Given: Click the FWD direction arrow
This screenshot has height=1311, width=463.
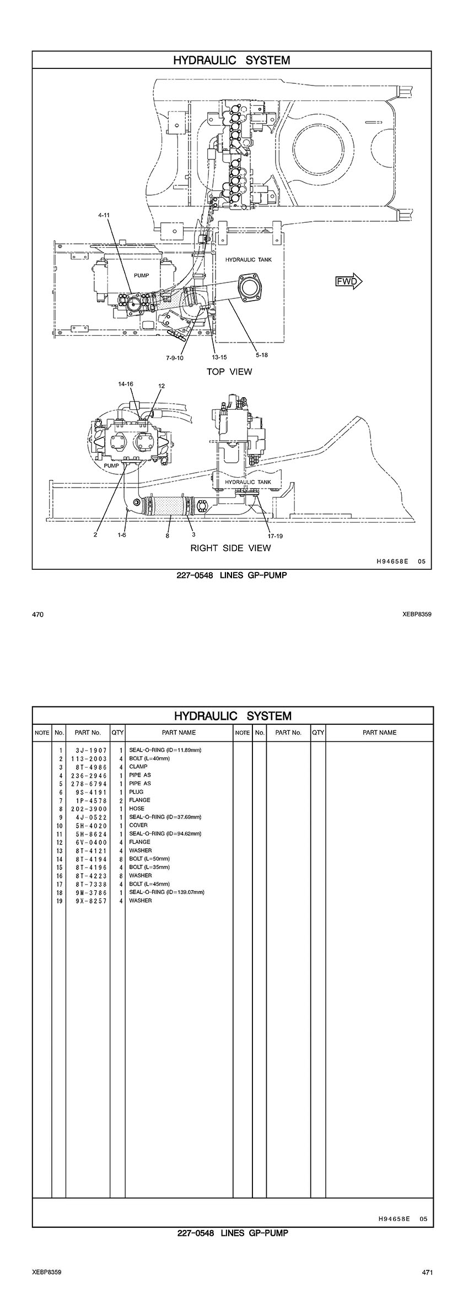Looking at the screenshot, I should tap(349, 282).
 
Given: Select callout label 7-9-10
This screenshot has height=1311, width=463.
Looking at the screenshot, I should tap(174, 357).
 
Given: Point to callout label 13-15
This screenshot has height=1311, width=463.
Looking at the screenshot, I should tap(219, 357).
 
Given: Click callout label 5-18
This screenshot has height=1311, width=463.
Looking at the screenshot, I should tap(261, 355).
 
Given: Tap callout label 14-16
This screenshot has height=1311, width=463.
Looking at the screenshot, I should tap(126, 383).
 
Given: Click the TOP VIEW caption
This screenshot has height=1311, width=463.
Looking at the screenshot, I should tap(229, 372).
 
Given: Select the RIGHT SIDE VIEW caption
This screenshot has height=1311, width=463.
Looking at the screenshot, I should tap(230, 548).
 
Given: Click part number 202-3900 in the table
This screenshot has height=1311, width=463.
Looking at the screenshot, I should tap(88, 809).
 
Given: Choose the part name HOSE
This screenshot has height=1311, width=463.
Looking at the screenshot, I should tap(137, 809).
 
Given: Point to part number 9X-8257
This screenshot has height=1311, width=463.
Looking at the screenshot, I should tap(88, 901).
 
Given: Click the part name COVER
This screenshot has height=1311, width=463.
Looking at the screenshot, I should tap(138, 825).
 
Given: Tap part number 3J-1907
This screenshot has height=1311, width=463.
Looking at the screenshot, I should tap(88, 751).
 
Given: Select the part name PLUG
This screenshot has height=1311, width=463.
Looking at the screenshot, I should tap(136, 792).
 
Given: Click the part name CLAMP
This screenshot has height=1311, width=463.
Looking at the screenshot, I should tap(138, 767).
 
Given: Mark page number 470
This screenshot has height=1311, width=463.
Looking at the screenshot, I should tap(37, 614).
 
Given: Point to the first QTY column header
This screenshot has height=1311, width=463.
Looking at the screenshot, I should tap(117, 732).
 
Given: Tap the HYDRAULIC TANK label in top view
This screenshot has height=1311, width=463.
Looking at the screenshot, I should tap(248, 260).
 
